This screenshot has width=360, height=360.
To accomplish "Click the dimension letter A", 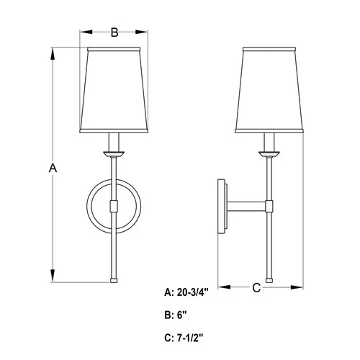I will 52,167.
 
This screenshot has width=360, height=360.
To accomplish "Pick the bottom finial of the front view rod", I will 113,279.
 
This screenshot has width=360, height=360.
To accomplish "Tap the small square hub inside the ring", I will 113,207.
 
